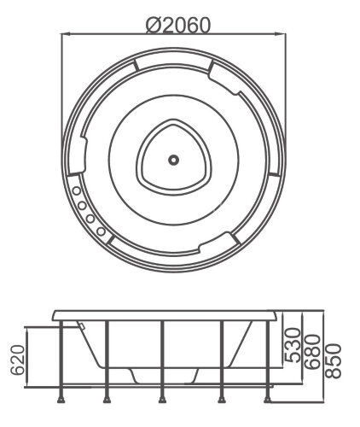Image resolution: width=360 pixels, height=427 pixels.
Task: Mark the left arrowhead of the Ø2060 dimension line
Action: (65, 34)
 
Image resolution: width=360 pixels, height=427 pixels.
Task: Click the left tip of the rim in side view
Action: (53, 314)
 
